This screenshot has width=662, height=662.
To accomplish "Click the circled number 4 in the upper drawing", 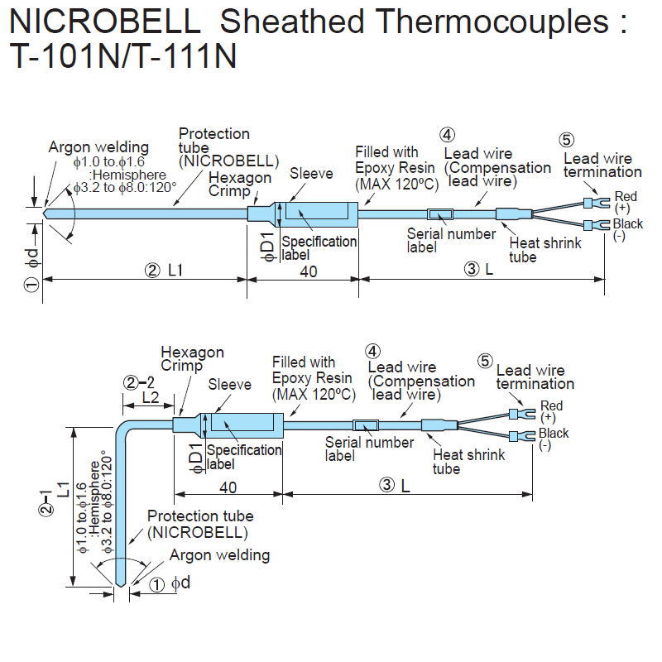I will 447,136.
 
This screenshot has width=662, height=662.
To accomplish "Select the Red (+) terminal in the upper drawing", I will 591,201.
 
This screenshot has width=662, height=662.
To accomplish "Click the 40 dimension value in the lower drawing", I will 228,487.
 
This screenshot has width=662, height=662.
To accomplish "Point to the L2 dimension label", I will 150,397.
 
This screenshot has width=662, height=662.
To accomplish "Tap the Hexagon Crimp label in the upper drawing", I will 240,185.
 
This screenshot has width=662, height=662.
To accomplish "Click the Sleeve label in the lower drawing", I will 229,385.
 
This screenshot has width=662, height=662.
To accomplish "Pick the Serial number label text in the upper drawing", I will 451,241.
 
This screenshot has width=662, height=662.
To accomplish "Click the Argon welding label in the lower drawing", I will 219,555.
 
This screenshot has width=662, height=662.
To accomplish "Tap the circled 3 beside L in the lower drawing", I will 386,486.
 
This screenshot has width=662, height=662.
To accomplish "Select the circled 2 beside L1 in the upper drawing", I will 151,271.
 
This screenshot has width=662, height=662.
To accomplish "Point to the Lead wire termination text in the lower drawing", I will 535,377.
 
